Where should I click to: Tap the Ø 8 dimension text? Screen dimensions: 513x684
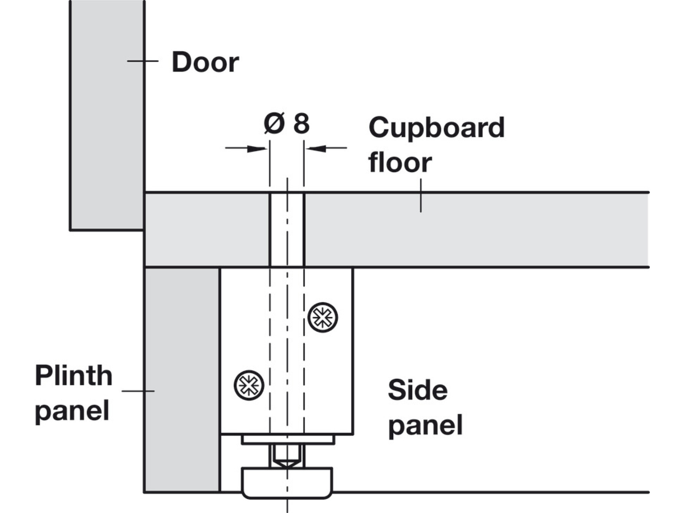tap(287, 123)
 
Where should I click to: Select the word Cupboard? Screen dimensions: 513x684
tap(436, 128)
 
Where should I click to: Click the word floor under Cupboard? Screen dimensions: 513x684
tap(400, 163)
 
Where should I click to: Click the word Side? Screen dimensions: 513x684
tap(418, 390)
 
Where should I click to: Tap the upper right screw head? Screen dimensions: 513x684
tap(323, 317)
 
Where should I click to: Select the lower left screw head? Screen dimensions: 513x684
tap(249, 385)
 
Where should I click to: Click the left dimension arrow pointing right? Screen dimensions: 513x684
tap(247, 148)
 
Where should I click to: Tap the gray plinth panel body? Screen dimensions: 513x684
tap(182, 380)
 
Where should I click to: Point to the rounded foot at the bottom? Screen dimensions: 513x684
tap(287, 483)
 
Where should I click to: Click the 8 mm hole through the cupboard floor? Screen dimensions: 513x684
tap(287, 230)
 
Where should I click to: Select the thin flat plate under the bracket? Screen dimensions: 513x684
tap(288, 440)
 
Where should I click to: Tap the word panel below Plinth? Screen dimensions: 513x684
tap(72, 410)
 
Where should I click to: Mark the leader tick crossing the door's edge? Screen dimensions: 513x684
tap(142, 61)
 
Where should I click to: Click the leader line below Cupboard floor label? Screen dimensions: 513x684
tap(421, 196)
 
